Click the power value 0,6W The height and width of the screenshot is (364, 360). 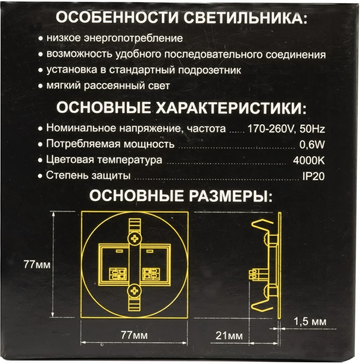coord(313,145)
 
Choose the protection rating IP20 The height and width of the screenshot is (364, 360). coord(313,176)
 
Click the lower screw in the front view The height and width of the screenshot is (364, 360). coord(135,292)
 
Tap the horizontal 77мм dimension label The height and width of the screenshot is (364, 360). coord(135,335)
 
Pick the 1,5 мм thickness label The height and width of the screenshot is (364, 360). coord(310,322)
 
